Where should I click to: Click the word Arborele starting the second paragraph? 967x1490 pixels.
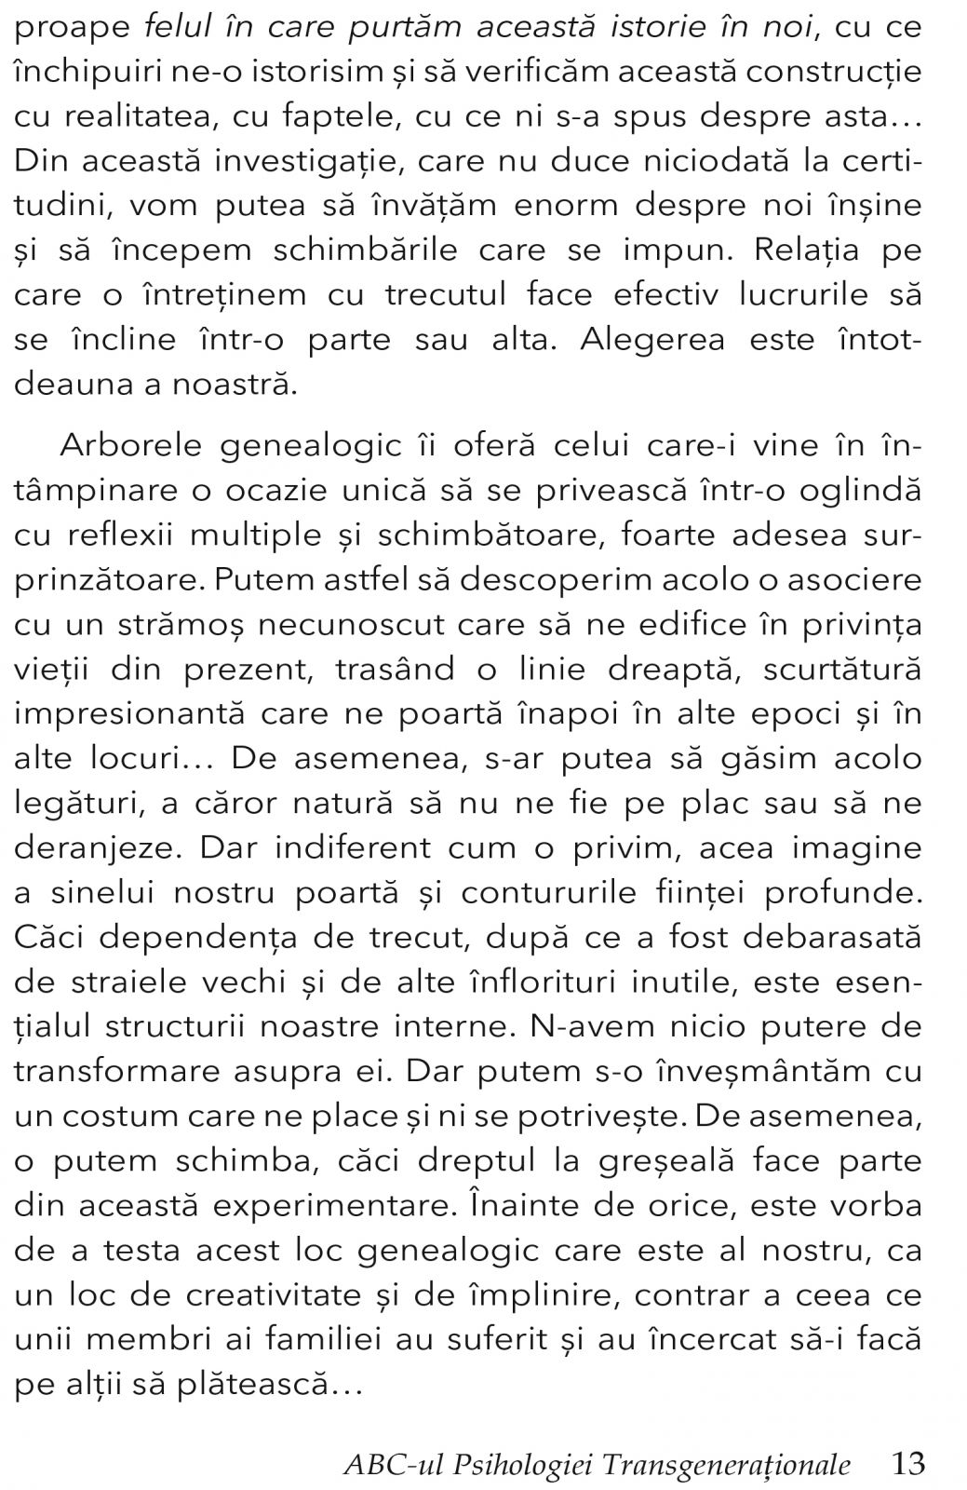pyautogui.click(x=130, y=446)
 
